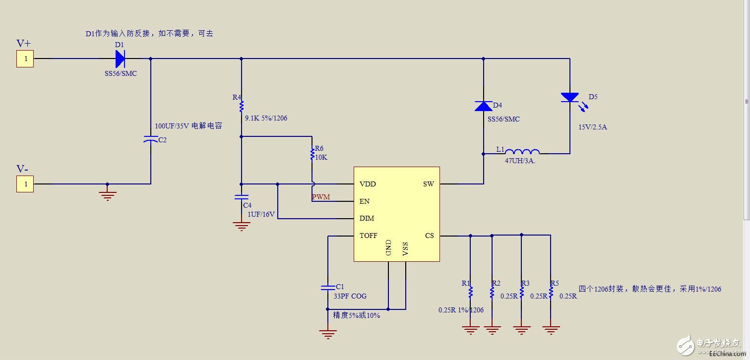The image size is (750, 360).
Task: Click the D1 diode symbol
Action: click(x=120, y=59)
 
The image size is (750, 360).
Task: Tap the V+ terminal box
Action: click(x=25, y=59)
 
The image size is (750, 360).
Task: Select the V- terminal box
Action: click(x=25, y=184)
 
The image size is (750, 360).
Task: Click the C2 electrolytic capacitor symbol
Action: click(x=151, y=140)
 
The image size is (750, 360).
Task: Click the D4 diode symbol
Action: click(x=483, y=106)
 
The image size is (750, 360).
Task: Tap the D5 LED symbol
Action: click(x=569, y=98)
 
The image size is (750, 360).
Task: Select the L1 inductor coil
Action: click(x=522, y=152)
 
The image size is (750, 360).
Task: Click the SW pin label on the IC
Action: click(x=428, y=184)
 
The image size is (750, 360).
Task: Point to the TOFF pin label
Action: click(x=369, y=236)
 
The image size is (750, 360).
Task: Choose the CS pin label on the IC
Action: click(x=430, y=236)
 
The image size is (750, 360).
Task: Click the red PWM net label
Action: click(x=321, y=197)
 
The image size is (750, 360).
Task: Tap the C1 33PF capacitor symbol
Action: click(x=327, y=287)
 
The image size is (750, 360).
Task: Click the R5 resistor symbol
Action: click(x=551, y=291)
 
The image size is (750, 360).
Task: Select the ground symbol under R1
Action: click(x=470, y=328)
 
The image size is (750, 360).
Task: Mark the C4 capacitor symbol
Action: click(x=242, y=197)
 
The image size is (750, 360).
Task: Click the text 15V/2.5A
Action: click(x=592, y=127)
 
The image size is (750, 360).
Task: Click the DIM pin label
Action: click(x=367, y=219)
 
